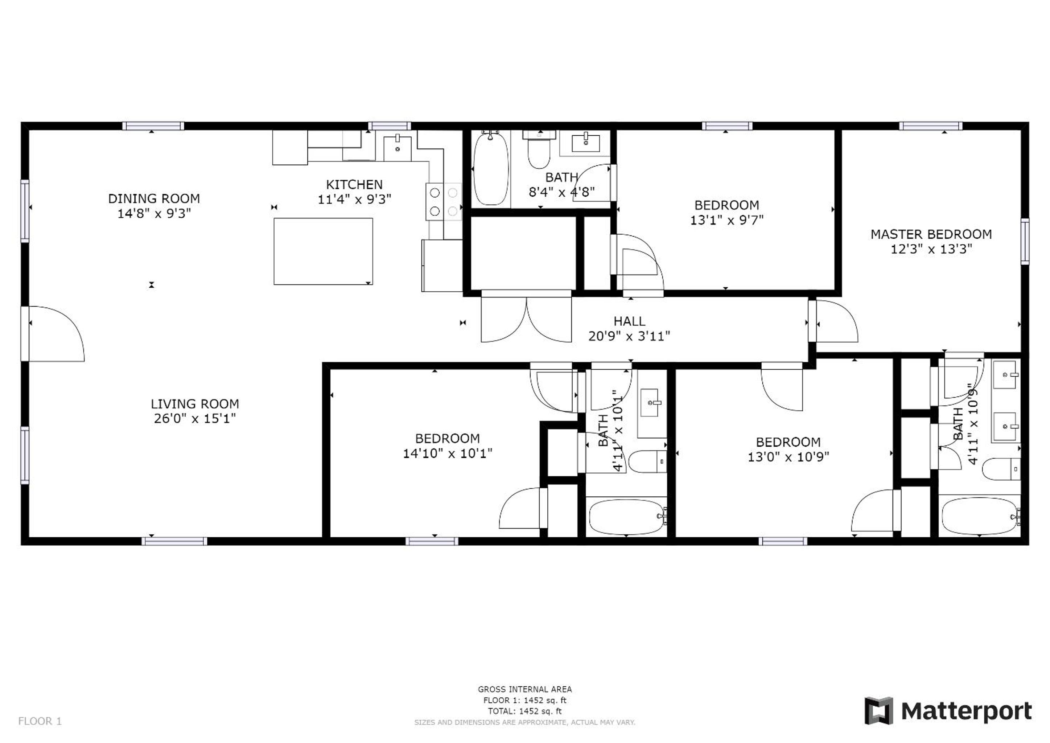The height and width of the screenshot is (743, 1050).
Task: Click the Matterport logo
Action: (x=948, y=711)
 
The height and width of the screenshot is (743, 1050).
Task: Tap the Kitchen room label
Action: (x=354, y=184)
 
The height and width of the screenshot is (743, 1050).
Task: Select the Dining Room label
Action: (x=154, y=198)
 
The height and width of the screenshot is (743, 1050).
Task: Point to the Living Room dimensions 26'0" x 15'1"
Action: (x=195, y=418)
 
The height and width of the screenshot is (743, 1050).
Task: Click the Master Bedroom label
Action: (x=931, y=234)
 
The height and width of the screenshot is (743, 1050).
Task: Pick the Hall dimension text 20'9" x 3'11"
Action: (x=629, y=336)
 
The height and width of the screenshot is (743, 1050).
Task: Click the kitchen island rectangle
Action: (x=323, y=251)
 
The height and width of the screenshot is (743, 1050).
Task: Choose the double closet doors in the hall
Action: (x=526, y=317)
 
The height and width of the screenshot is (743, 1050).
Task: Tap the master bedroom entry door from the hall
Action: (x=833, y=321)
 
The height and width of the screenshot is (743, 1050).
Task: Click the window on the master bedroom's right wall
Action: (x=1025, y=242)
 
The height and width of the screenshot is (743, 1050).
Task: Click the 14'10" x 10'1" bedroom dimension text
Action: (x=447, y=453)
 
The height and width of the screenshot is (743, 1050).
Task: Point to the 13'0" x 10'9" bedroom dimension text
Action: (x=788, y=457)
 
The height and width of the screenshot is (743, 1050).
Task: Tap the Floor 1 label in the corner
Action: (x=40, y=722)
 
